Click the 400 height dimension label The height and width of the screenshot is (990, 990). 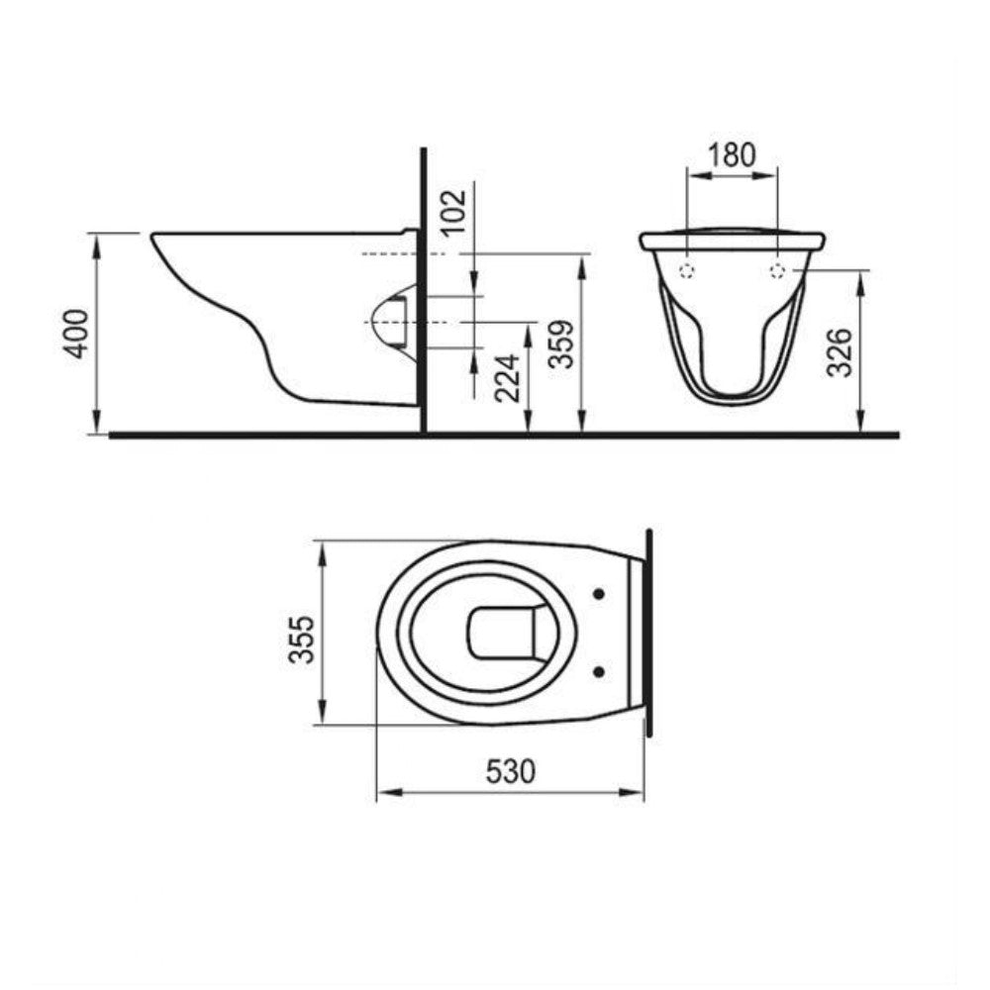click(x=77, y=334)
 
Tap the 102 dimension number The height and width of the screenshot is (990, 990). click(x=454, y=212)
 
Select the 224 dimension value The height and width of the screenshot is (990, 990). click(x=508, y=378)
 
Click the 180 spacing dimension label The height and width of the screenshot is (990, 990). click(x=732, y=155)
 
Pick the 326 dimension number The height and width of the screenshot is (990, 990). click(x=840, y=352)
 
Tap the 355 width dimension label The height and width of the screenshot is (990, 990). click(x=301, y=639)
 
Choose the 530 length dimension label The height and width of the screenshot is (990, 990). click(x=510, y=771)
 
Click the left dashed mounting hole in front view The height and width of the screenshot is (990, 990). click(x=686, y=271)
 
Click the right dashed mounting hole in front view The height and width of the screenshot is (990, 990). click(x=777, y=271)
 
